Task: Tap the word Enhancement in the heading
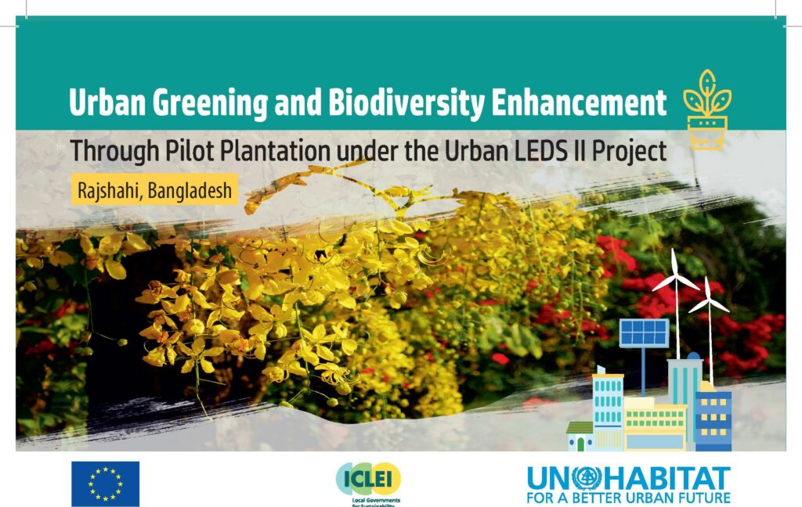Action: tap(579, 102)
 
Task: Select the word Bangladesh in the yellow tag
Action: tap(190, 191)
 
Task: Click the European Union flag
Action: tap(106, 484)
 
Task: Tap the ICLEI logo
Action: tap(368, 483)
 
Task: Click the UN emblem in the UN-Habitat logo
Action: tap(587, 478)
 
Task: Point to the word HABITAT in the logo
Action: tap(667, 479)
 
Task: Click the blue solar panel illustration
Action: tap(644, 333)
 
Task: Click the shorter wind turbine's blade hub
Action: tap(708, 300)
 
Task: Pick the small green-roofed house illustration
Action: tap(580, 437)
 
